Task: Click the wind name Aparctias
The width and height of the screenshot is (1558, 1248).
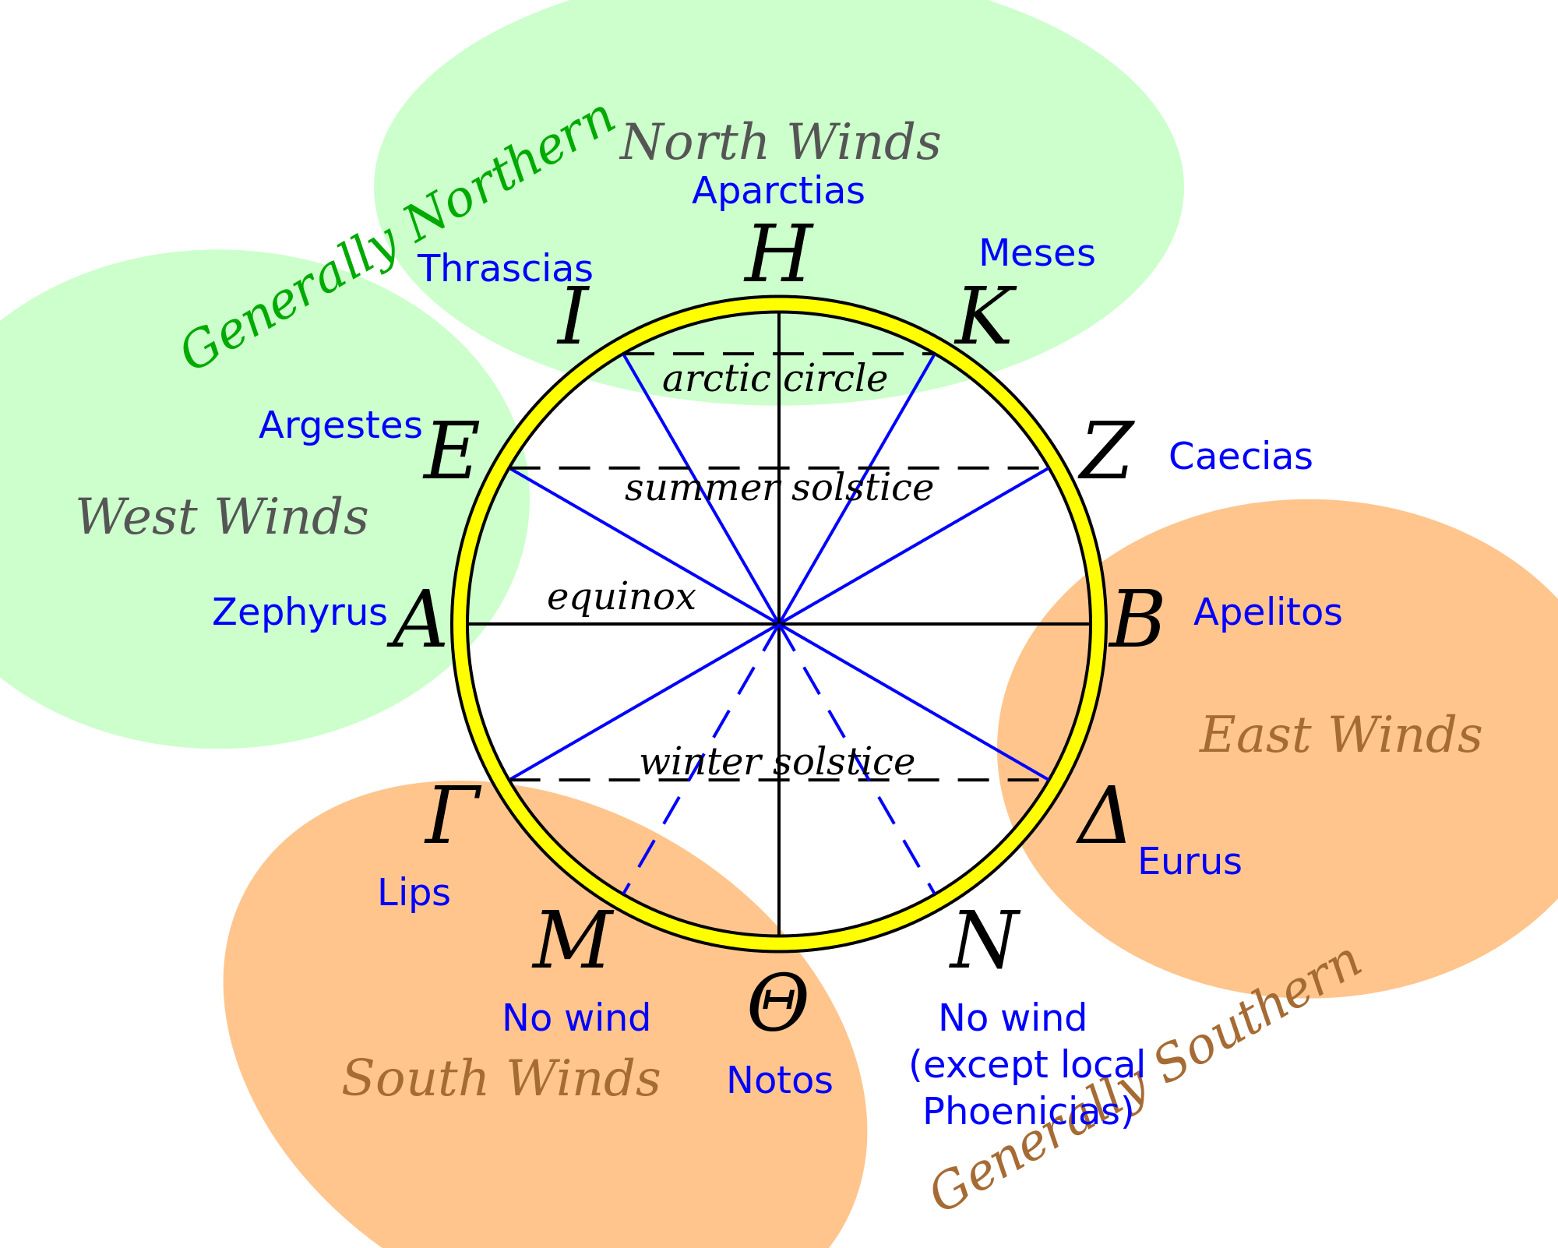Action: [777, 192]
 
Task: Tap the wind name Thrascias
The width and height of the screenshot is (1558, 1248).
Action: [506, 269]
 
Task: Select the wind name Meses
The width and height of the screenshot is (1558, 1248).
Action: [1036, 254]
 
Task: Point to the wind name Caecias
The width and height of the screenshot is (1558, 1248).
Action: [1240, 457]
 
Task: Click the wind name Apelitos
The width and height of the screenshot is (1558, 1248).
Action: [1267, 612]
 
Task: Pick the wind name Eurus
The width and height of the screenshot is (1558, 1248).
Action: [1190, 862]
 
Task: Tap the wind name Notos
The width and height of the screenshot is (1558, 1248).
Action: [779, 1081]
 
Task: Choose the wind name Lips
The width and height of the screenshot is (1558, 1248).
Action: [414, 893]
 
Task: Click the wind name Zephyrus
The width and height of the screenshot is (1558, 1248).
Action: [299, 612]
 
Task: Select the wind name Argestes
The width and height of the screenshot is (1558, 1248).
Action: [340, 425]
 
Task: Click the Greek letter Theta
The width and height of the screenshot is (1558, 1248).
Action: [777, 1005]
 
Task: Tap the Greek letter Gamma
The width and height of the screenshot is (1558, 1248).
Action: [452, 816]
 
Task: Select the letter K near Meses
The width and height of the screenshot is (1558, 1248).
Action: [985, 316]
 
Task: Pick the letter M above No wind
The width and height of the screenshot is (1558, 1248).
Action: [572, 940]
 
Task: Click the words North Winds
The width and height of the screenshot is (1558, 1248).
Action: [780, 142]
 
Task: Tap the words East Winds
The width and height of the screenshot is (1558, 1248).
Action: [1340, 735]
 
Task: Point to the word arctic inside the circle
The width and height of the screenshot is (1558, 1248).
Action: [716, 379]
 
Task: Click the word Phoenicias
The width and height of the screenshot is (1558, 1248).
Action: [1027, 1112]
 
